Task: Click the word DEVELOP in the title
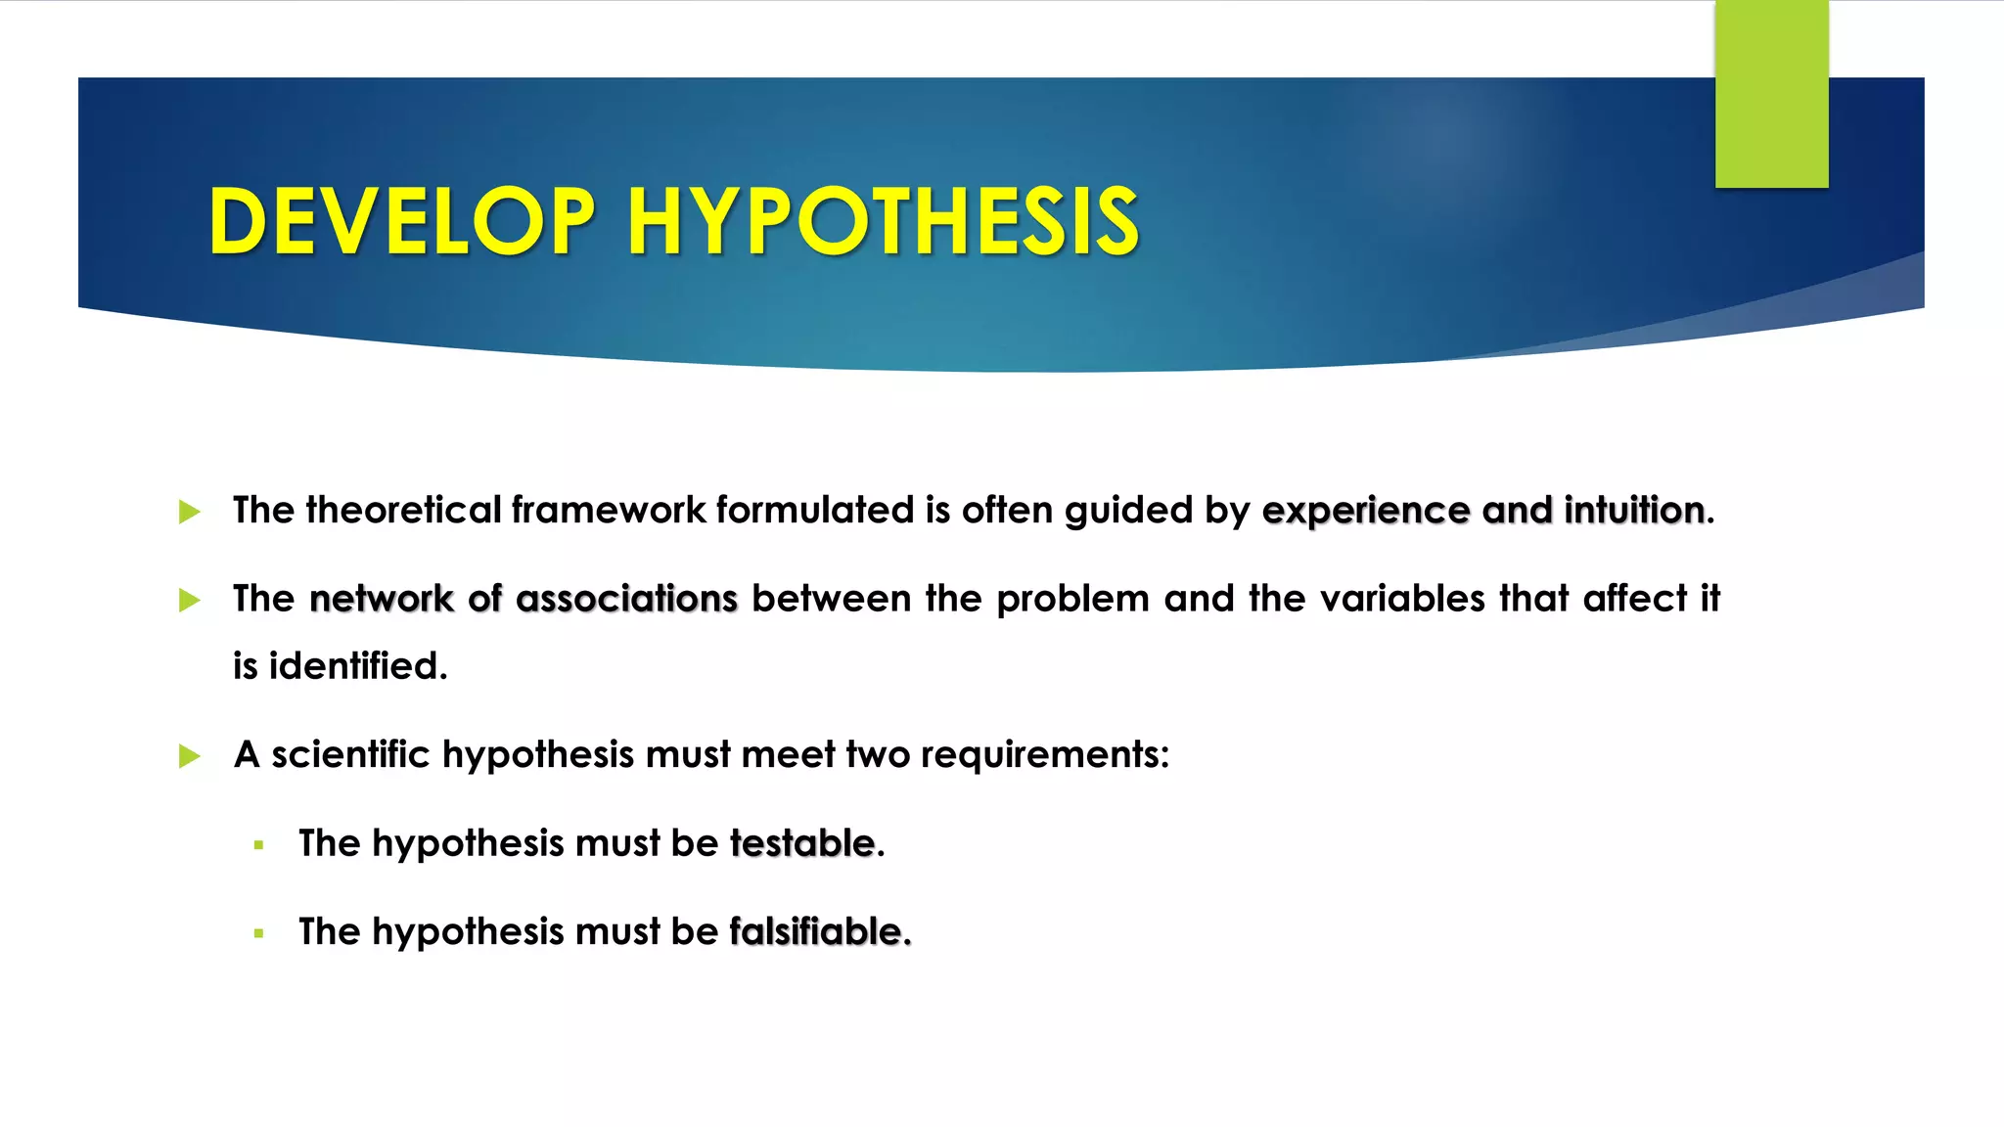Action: click(401, 222)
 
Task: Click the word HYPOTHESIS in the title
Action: click(883, 222)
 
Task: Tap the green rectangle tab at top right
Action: click(1771, 94)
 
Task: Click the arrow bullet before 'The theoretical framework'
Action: click(190, 512)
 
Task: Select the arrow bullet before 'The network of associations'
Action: click(190, 600)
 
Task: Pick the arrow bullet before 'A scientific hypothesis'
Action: click(190, 756)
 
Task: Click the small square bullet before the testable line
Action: click(258, 845)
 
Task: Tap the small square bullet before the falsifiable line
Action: click(258, 933)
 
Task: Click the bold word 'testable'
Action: click(801, 843)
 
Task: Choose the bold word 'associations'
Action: click(626, 599)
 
